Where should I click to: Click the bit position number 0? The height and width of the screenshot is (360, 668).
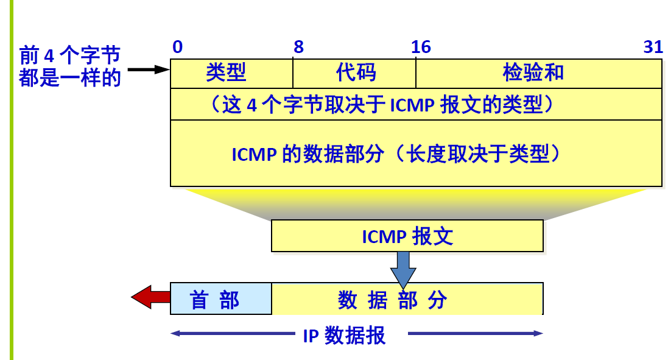click(x=177, y=48)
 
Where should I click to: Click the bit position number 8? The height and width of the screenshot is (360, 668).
click(x=298, y=48)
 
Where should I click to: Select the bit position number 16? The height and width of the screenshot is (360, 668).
click(x=421, y=48)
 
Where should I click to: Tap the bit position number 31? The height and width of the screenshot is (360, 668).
click(x=653, y=48)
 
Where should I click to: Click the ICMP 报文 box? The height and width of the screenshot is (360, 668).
click(x=407, y=236)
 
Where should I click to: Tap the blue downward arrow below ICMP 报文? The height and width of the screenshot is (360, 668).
click(x=403, y=269)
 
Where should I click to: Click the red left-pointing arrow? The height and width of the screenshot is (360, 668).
click(x=150, y=298)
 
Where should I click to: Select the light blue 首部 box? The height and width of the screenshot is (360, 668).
click(x=220, y=298)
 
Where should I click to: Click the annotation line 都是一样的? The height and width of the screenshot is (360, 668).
click(x=69, y=78)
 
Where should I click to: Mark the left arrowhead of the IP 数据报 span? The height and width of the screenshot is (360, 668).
click(x=175, y=334)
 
